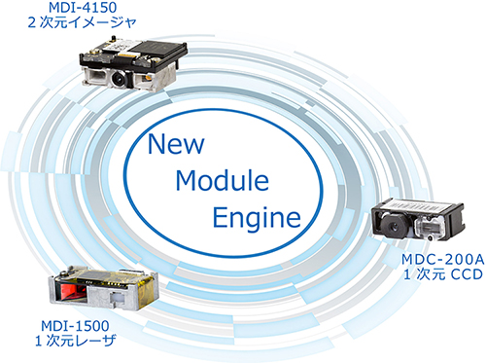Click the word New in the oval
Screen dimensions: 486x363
[176, 144]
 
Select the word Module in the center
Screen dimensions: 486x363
[223, 180]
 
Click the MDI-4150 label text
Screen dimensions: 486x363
[83, 8]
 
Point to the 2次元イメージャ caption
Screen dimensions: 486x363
[82, 22]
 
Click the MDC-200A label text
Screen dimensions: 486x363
[443, 260]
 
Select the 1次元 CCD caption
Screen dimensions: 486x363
[443, 274]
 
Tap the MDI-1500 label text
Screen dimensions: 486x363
[75, 326]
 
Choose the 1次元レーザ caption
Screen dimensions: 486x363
[75, 341]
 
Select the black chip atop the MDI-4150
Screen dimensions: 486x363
[157, 51]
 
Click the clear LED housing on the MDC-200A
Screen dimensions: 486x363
[429, 227]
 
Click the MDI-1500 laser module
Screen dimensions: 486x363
[103, 288]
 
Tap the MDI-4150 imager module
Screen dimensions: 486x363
[133, 64]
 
